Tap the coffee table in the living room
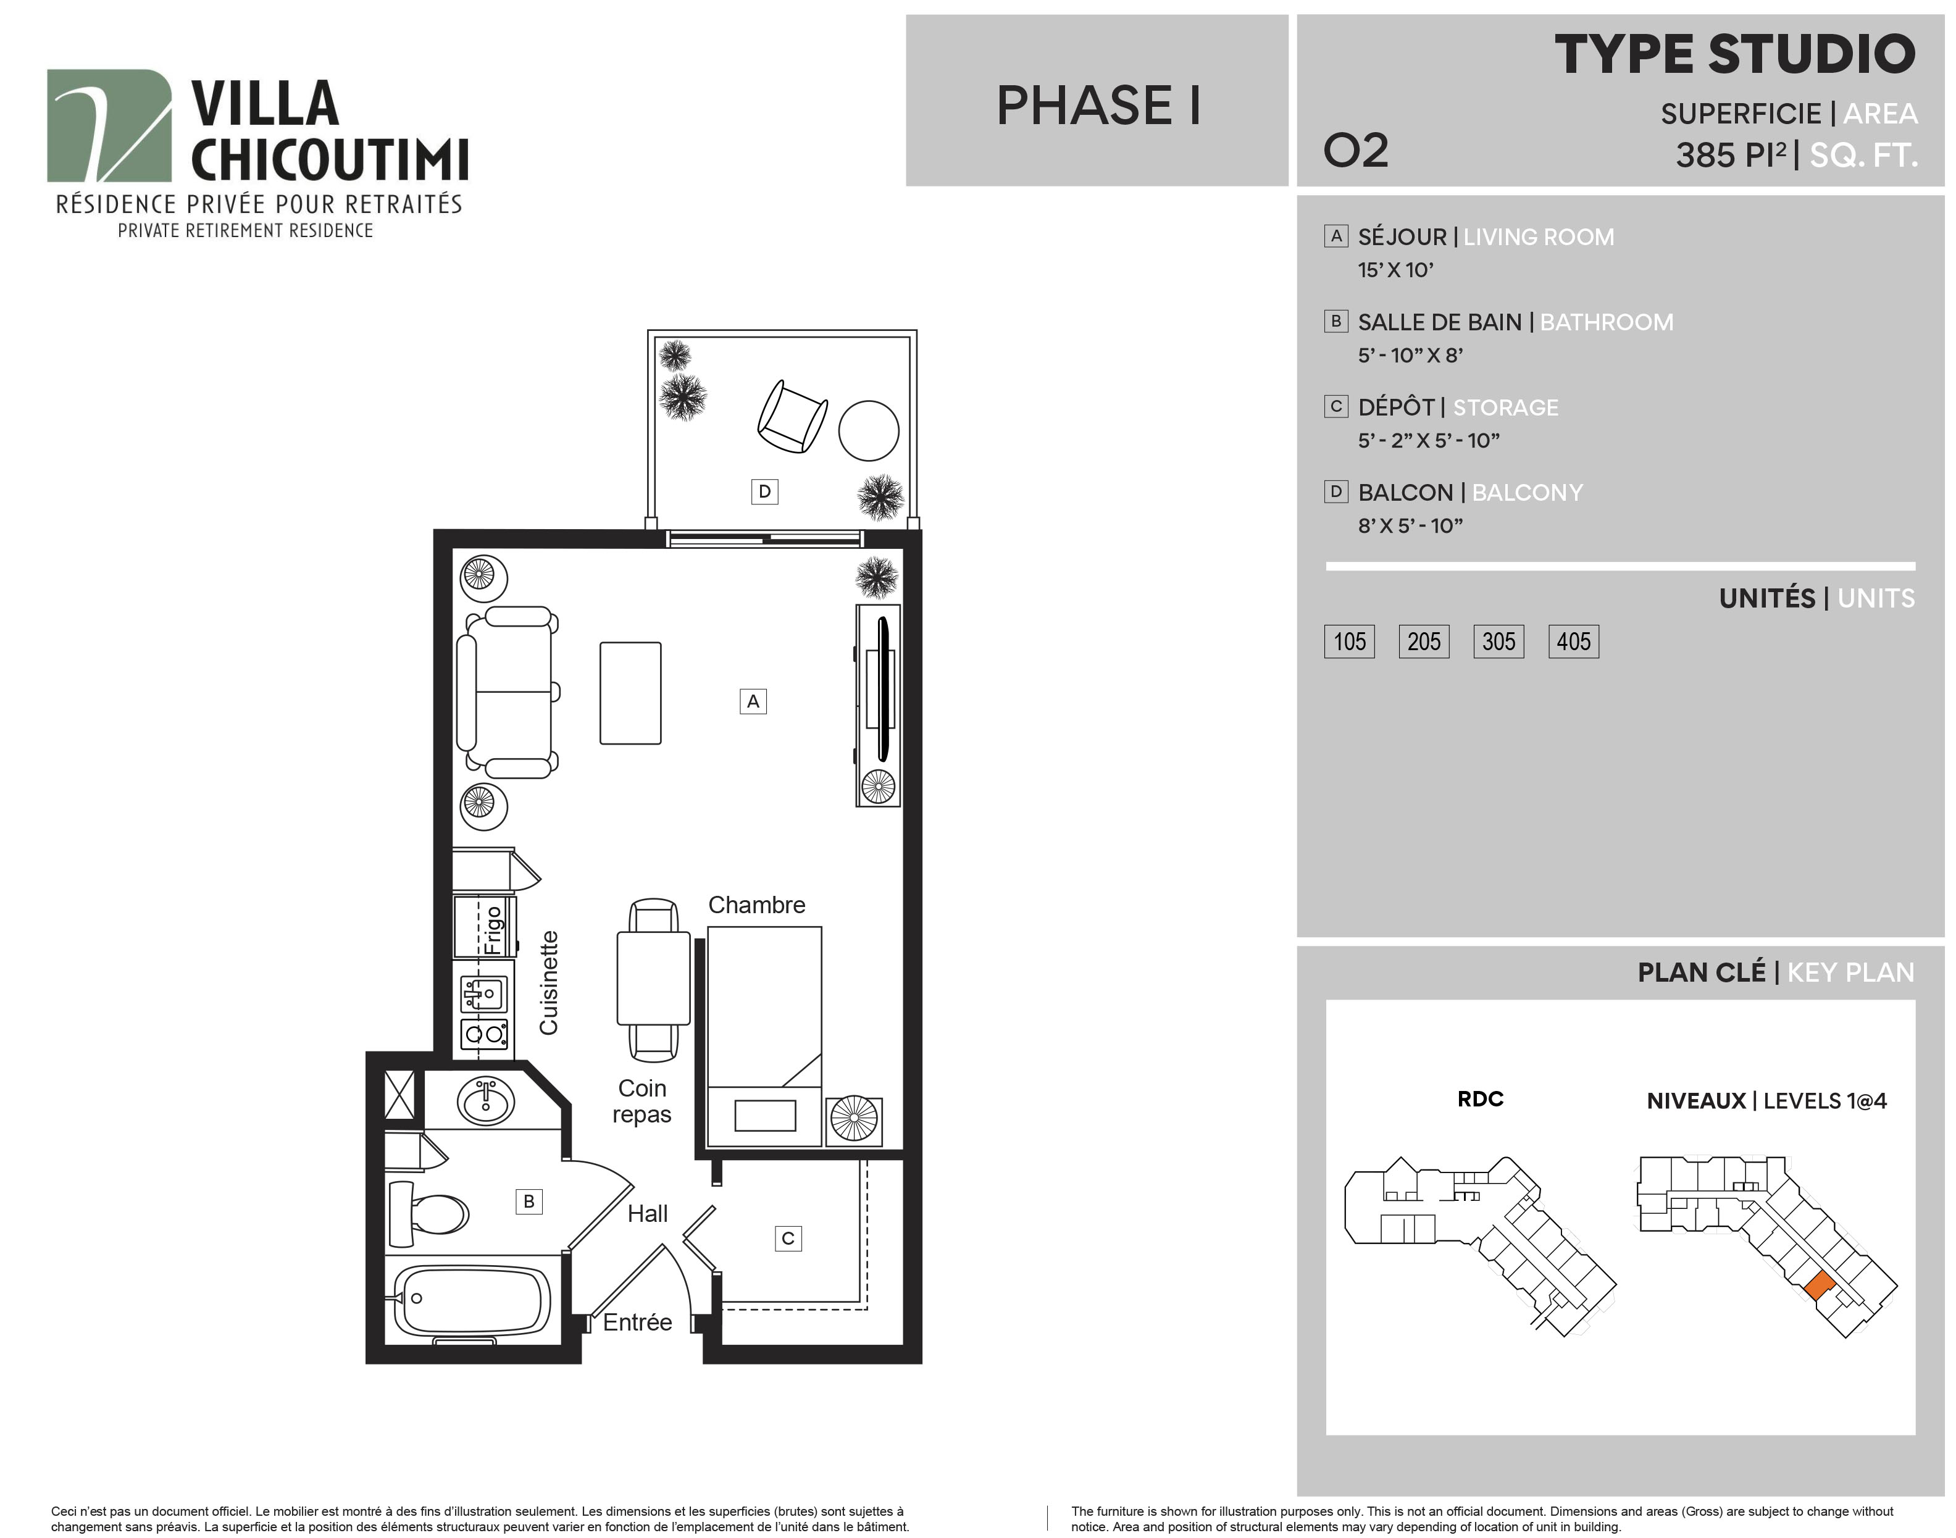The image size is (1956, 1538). (x=630, y=693)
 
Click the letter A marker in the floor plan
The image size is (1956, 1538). (x=753, y=701)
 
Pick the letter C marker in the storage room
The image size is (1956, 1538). (x=788, y=1238)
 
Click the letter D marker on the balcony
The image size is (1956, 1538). (x=764, y=491)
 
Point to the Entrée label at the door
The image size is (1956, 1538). (x=638, y=1322)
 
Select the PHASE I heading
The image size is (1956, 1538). (x=1098, y=106)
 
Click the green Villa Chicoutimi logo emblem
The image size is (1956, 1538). (x=109, y=125)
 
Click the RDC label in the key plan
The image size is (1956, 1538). (x=1481, y=1098)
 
